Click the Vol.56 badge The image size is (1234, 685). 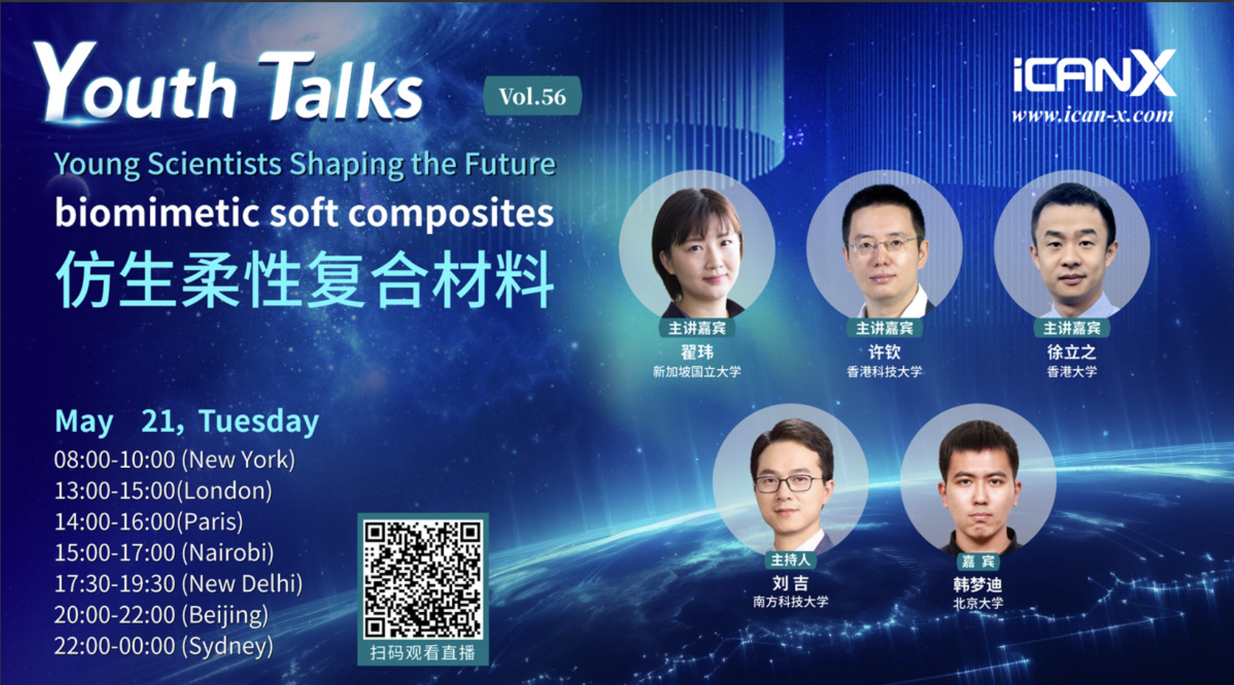click(532, 96)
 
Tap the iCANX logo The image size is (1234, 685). click(1094, 73)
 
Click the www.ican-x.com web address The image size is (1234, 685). click(1092, 115)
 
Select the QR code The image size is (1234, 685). click(423, 579)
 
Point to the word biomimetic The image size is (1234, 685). click(157, 213)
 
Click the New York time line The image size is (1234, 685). click(175, 460)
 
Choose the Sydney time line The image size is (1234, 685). click(164, 646)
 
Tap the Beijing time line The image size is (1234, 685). click(162, 615)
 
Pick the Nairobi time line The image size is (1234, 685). click(164, 553)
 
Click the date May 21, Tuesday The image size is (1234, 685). click(187, 421)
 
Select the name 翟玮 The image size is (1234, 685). click(697, 352)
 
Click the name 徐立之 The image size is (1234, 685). click(1072, 352)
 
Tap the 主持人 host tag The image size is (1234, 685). click(790, 560)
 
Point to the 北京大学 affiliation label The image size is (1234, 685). click(978, 604)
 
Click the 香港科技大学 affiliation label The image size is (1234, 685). click(884, 372)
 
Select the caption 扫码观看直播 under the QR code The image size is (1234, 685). click(423, 653)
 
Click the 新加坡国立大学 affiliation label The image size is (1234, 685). click(697, 372)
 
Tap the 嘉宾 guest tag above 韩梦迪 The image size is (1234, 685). click(978, 562)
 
